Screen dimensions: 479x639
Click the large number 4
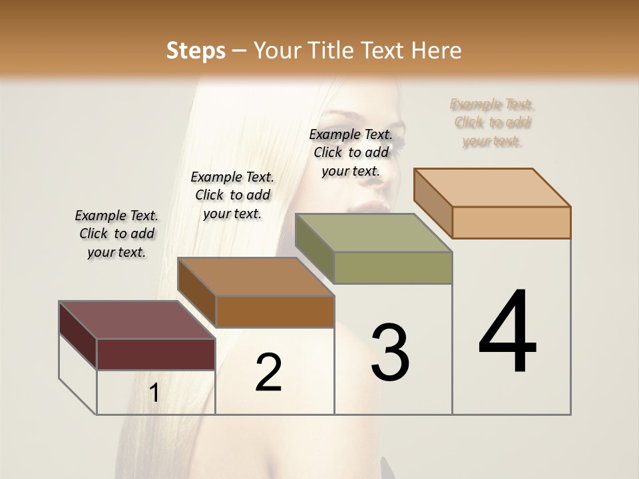[508, 332]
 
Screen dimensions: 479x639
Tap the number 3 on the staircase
[390, 353]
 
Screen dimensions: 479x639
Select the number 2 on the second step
[268, 373]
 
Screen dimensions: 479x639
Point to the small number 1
[154, 393]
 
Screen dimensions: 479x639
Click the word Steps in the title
[196, 51]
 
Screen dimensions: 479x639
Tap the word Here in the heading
[437, 51]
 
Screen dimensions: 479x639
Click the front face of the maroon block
[156, 354]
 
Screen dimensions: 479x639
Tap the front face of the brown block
[275, 311]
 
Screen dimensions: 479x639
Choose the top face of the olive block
[373, 233]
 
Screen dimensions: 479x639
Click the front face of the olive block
[393, 267]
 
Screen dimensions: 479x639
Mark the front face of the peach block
[511, 222]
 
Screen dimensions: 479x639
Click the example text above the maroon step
[116, 234]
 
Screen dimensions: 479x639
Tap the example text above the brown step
[232, 195]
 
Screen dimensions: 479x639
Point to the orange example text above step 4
[492, 122]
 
